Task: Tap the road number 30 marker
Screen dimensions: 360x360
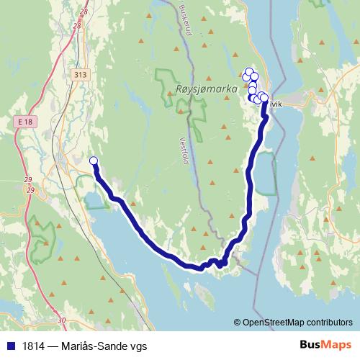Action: click(x=61, y=319)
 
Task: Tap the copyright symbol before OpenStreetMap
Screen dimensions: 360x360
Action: click(x=237, y=322)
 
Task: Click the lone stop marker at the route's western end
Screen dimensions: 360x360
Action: click(x=93, y=161)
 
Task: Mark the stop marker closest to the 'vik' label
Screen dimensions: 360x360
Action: click(x=264, y=98)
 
